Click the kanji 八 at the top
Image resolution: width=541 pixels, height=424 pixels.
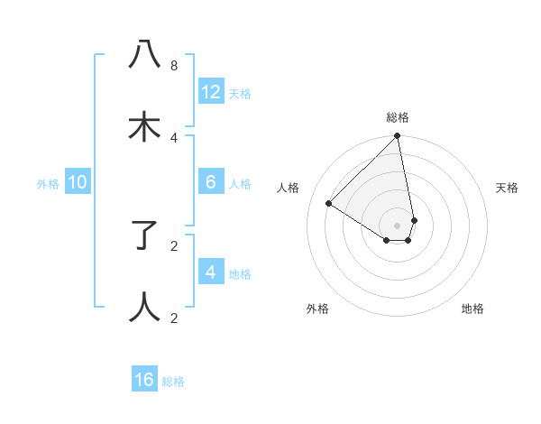[x=145, y=56]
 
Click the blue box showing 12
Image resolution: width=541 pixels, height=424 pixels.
[x=211, y=92]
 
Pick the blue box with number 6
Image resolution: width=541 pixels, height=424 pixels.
[x=211, y=182]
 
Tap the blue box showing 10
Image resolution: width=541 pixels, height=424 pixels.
[x=78, y=182]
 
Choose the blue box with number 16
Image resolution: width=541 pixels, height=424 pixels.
[x=144, y=380]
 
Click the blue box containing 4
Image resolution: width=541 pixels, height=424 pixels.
[x=211, y=272]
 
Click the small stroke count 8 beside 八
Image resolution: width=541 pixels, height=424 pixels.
[x=174, y=65]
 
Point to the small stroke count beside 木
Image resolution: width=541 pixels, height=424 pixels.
[x=174, y=137]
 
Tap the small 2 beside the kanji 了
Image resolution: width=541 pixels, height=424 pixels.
[x=174, y=245]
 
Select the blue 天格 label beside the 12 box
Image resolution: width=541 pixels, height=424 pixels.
[x=240, y=94]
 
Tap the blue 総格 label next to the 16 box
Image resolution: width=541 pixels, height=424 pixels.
[x=173, y=382]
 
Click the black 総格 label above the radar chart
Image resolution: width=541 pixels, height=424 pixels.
[x=398, y=117]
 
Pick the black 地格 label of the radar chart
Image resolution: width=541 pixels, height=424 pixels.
[x=472, y=309]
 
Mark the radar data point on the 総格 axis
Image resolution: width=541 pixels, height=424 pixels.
[x=398, y=137]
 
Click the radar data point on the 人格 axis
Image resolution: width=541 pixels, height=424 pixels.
[x=329, y=204]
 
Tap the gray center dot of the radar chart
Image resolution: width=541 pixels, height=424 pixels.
[x=398, y=225]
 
